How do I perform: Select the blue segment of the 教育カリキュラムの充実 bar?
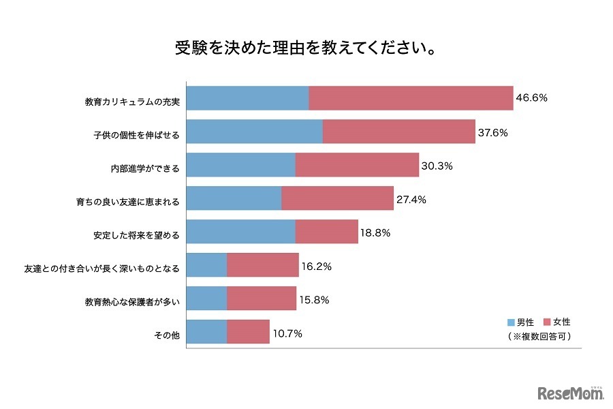pyautogui.click(x=247, y=98)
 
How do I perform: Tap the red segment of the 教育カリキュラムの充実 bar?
pyautogui.click(x=411, y=98)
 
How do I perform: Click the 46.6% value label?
pyautogui.click(x=532, y=97)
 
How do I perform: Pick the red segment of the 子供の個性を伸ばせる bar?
pyautogui.click(x=398, y=132)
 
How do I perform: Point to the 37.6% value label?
pyautogui.click(x=492, y=132)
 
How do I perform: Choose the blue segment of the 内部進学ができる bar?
pyautogui.click(x=240, y=165)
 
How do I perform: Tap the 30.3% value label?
pyautogui.click(x=437, y=166)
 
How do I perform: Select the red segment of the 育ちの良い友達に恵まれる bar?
pyautogui.click(x=337, y=198)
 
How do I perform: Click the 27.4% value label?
pyautogui.click(x=411, y=199)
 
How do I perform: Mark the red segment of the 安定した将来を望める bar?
pyautogui.click(x=326, y=232)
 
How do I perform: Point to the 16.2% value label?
pyautogui.click(x=316, y=267)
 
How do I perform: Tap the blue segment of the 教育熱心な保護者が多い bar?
pyautogui.click(x=206, y=299)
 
